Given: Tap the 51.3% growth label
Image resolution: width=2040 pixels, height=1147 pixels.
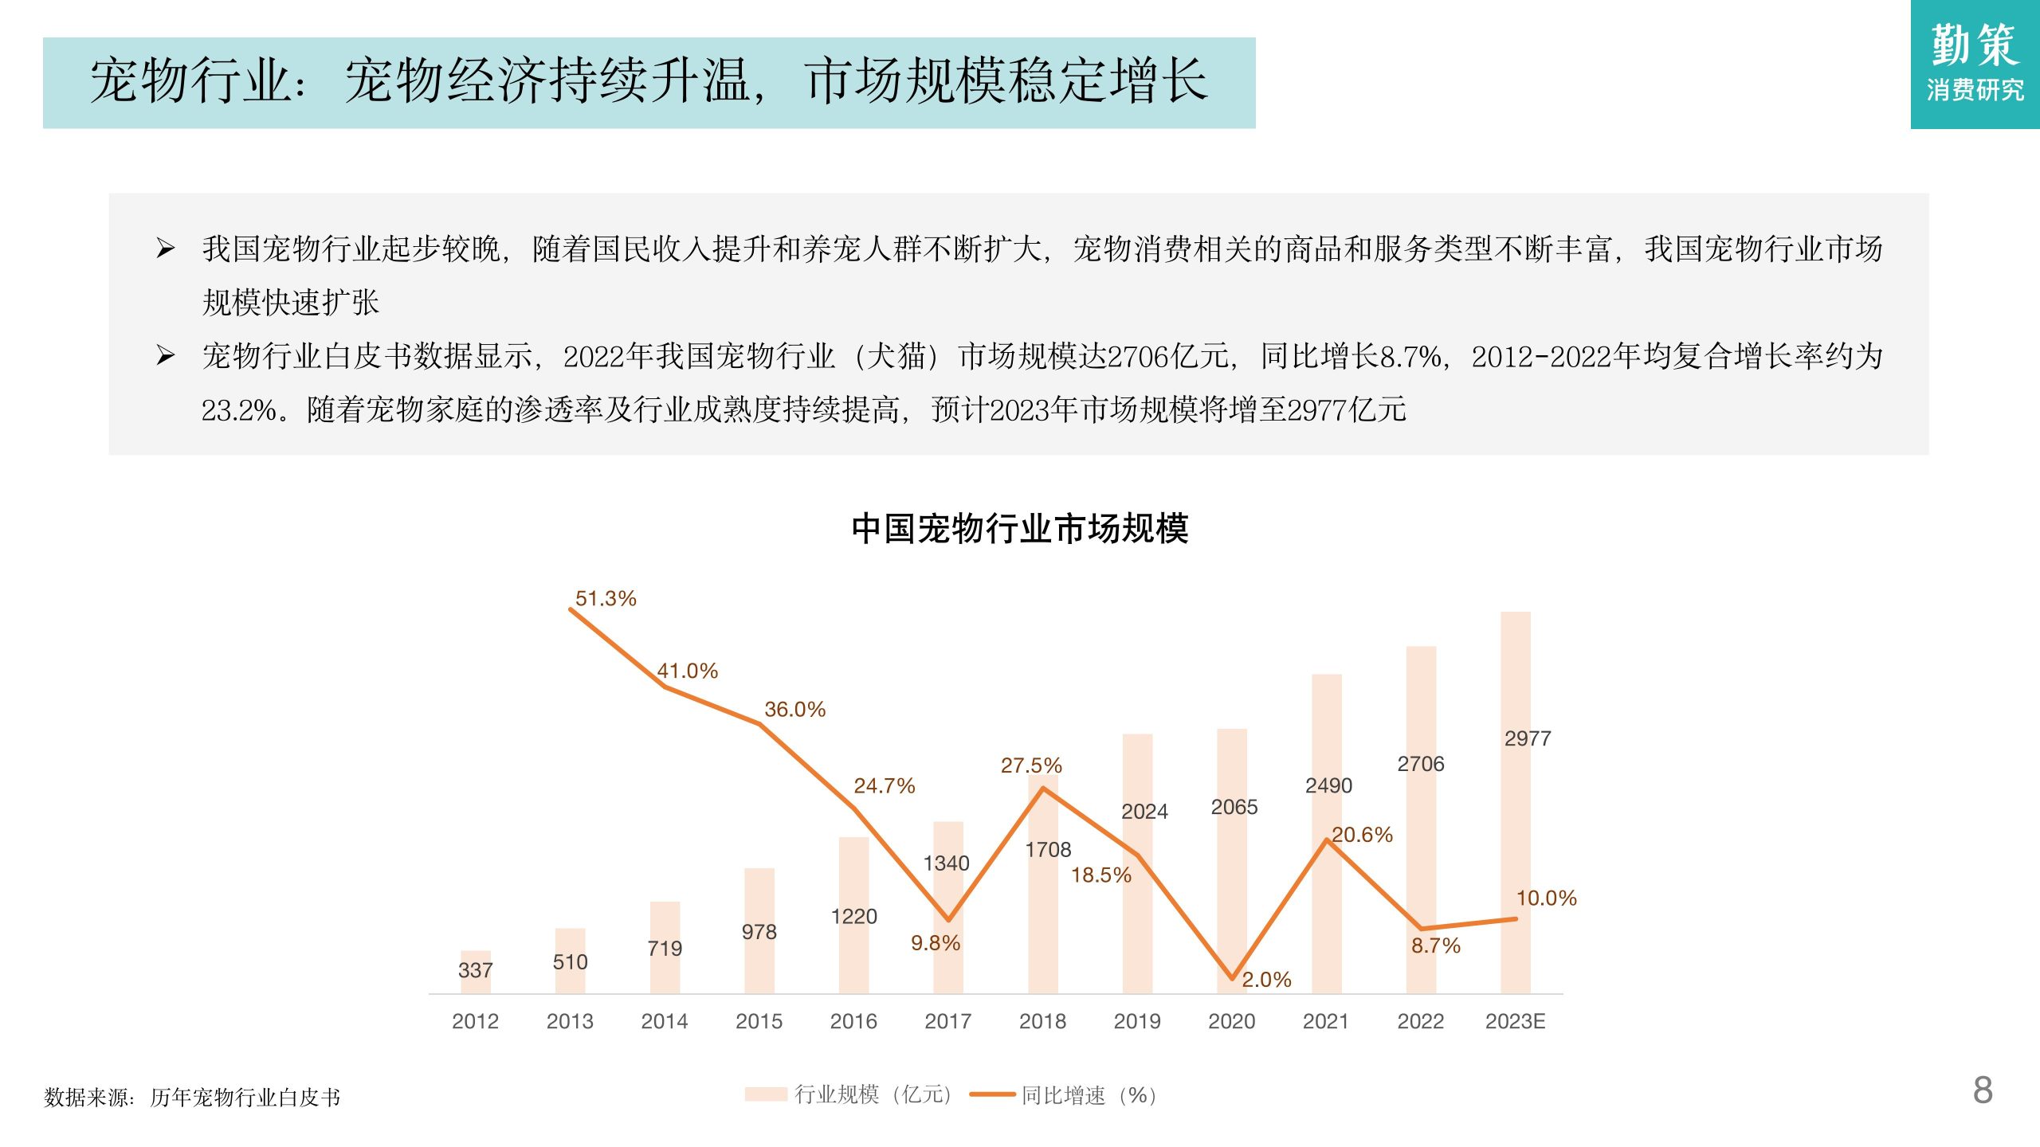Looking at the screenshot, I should (606, 598).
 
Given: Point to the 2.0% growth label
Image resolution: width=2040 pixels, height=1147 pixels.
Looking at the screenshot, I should (1266, 980).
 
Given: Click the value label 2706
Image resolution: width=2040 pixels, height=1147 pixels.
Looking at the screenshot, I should (1420, 764).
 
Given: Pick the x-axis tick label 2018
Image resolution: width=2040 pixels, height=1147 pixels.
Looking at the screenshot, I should (1042, 1021).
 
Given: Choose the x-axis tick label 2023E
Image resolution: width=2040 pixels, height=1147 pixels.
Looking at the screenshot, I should (1515, 1021).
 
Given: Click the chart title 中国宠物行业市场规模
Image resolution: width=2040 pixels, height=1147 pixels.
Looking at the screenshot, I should (1019, 529).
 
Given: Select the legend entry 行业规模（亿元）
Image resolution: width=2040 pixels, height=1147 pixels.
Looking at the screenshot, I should (849, 1094).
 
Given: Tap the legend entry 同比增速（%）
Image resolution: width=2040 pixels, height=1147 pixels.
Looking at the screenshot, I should (1065, 1095).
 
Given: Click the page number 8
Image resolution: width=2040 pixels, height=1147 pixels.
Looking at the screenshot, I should (1983, 1090).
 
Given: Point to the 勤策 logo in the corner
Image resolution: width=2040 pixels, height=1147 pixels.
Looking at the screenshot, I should (1975, 64).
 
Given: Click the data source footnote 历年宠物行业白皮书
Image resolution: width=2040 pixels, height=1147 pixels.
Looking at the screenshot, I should (245, 1098).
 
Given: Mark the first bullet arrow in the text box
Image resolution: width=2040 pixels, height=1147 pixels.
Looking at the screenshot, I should (165, 249).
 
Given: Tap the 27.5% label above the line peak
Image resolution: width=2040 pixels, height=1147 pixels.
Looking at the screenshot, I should (1031, 765).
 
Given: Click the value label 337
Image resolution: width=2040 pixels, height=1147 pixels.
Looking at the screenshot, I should (475, 970).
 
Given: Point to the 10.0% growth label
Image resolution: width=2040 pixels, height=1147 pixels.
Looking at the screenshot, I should (1546, 898).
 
